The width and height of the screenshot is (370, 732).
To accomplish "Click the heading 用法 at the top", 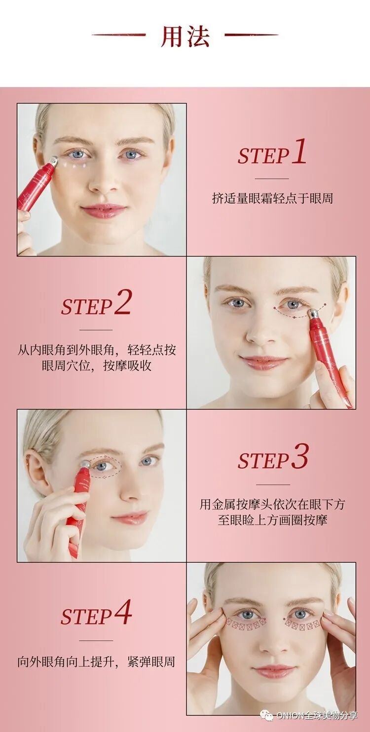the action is click(185, 36).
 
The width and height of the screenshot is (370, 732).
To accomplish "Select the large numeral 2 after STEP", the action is click(122, 302).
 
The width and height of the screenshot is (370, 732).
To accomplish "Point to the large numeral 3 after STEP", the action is click(299, 456).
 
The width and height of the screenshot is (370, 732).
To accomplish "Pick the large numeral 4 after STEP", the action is click(123, 612).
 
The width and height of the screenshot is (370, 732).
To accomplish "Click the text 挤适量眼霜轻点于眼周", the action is click(272, 198).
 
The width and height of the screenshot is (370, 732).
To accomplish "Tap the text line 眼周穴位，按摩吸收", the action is click(96, 366).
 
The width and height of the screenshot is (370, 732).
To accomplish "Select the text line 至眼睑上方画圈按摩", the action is click(272, 520).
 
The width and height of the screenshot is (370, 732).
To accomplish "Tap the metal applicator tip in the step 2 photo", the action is click(314, 314).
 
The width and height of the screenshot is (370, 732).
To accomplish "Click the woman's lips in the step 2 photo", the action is click(263, 362).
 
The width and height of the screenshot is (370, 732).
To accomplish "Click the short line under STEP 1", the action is click(272, 179).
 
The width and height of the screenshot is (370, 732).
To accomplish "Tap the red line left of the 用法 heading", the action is click(119, 35).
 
